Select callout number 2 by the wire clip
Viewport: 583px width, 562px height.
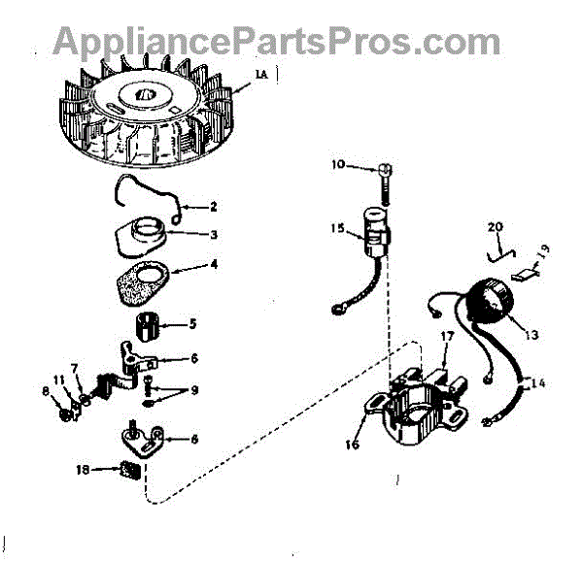[214, 207]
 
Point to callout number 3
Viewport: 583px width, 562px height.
[214, 234]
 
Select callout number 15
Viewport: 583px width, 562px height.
[336, 229]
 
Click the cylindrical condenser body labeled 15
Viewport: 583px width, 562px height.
[374, 232]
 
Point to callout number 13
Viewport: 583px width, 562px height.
[531, 336]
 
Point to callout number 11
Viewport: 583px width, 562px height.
[58, 380]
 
